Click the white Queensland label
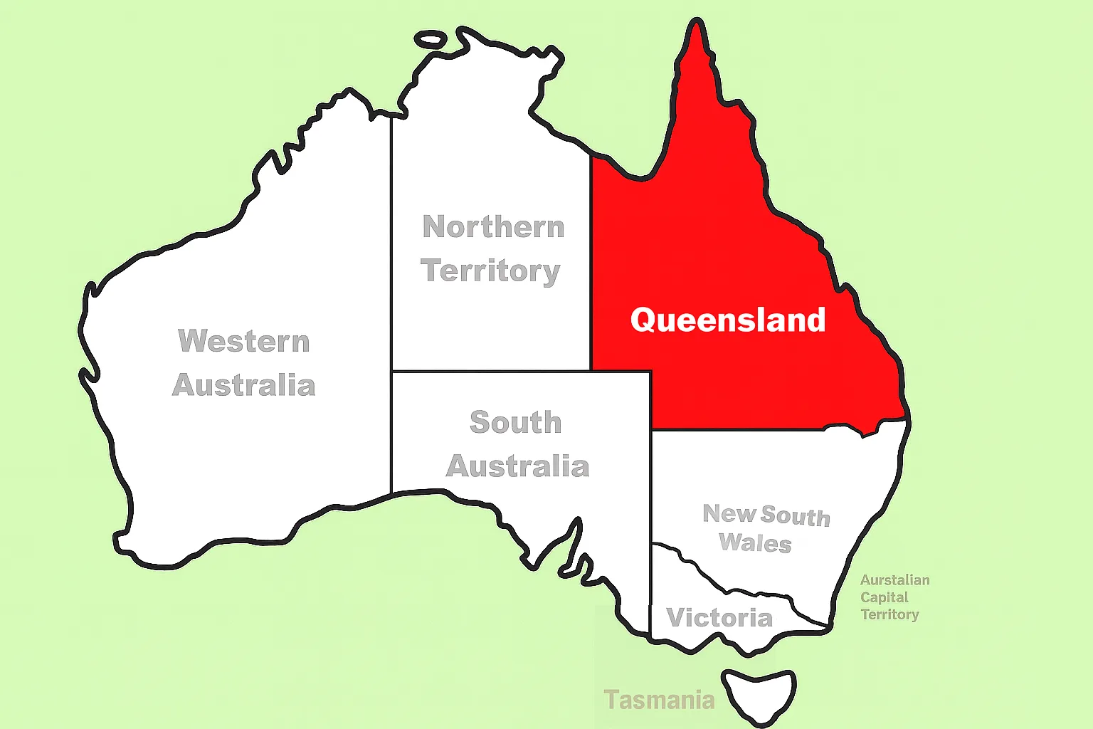click(x=727, y=320)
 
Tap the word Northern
click(x=493, y=227)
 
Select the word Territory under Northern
click(x=490, y=271)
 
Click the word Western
click(x=244, y=341)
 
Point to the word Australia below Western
click(x=244, y=385)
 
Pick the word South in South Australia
click(x=516, y=422)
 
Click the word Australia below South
click(x=517, y=466)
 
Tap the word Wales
click(x=755, y=542)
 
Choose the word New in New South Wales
click(x=729, y=513)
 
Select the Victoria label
click(x=719, y=617)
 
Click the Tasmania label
click(x=659, y=700)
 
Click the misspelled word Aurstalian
click(x=894, y=580)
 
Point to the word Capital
click(x=884, y=597)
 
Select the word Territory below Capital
click(x=889, y=614)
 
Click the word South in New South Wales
click(x=795, y=516)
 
